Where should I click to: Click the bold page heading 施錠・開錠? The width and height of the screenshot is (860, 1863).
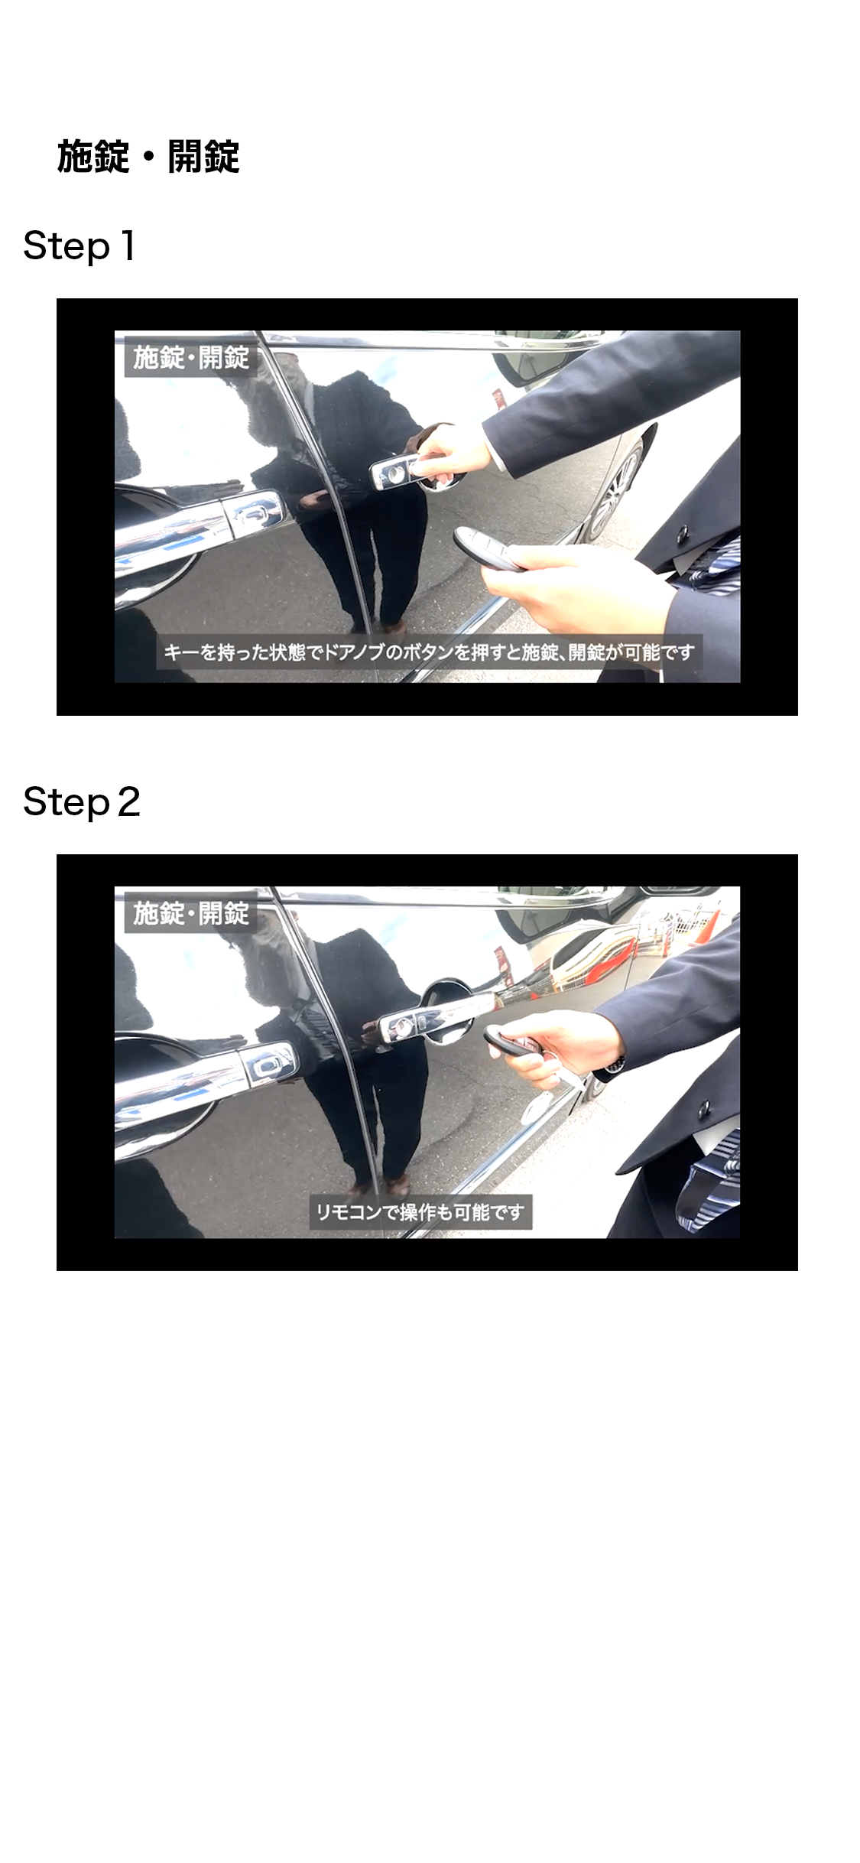click(148, 157)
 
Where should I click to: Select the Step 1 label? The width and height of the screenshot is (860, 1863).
click(80, 246)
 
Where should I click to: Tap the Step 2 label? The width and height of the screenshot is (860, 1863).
click(82, 802)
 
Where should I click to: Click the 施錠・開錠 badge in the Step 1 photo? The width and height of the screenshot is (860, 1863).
click(191, 357)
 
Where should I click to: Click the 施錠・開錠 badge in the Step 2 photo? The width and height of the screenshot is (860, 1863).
click(191, 913)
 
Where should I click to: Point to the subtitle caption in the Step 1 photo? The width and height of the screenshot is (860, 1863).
click(429, 652)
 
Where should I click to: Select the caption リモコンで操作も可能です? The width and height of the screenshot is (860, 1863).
click(420, 1212)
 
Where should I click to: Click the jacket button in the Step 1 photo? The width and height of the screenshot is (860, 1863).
click(681, 533)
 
